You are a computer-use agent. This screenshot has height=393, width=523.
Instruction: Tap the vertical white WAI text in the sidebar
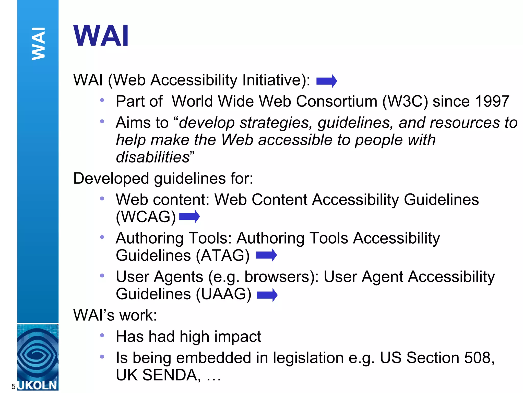[38, 43]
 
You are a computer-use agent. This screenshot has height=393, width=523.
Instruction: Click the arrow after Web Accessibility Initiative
[327, 81]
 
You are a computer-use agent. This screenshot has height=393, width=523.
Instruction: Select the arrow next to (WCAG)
[189, 216]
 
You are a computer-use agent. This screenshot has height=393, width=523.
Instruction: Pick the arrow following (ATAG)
[266, 255]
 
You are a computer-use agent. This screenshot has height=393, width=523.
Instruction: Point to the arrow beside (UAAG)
[267, 295]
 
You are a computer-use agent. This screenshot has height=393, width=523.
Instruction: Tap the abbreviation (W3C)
[405, 102]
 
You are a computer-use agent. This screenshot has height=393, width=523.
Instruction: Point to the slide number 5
[14, 386]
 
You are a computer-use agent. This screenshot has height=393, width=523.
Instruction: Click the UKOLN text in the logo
[38, 385]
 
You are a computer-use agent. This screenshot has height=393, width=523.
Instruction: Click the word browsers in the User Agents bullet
[277, 277]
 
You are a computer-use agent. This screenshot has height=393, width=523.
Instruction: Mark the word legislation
[308, 358]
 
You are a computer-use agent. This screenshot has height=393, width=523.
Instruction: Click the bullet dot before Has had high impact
[102, 335]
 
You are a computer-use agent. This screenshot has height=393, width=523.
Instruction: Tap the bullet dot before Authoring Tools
[102, 237]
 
